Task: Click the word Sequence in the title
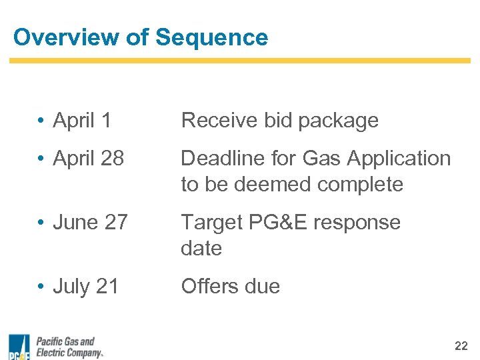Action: point(211,37)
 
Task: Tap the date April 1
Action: point(82,121)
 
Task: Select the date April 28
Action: point(88,159)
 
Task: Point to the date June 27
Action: point(90,223)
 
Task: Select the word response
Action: point(358,223)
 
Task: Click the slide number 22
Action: point(461,345)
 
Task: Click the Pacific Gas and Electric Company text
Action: point(69,347)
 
